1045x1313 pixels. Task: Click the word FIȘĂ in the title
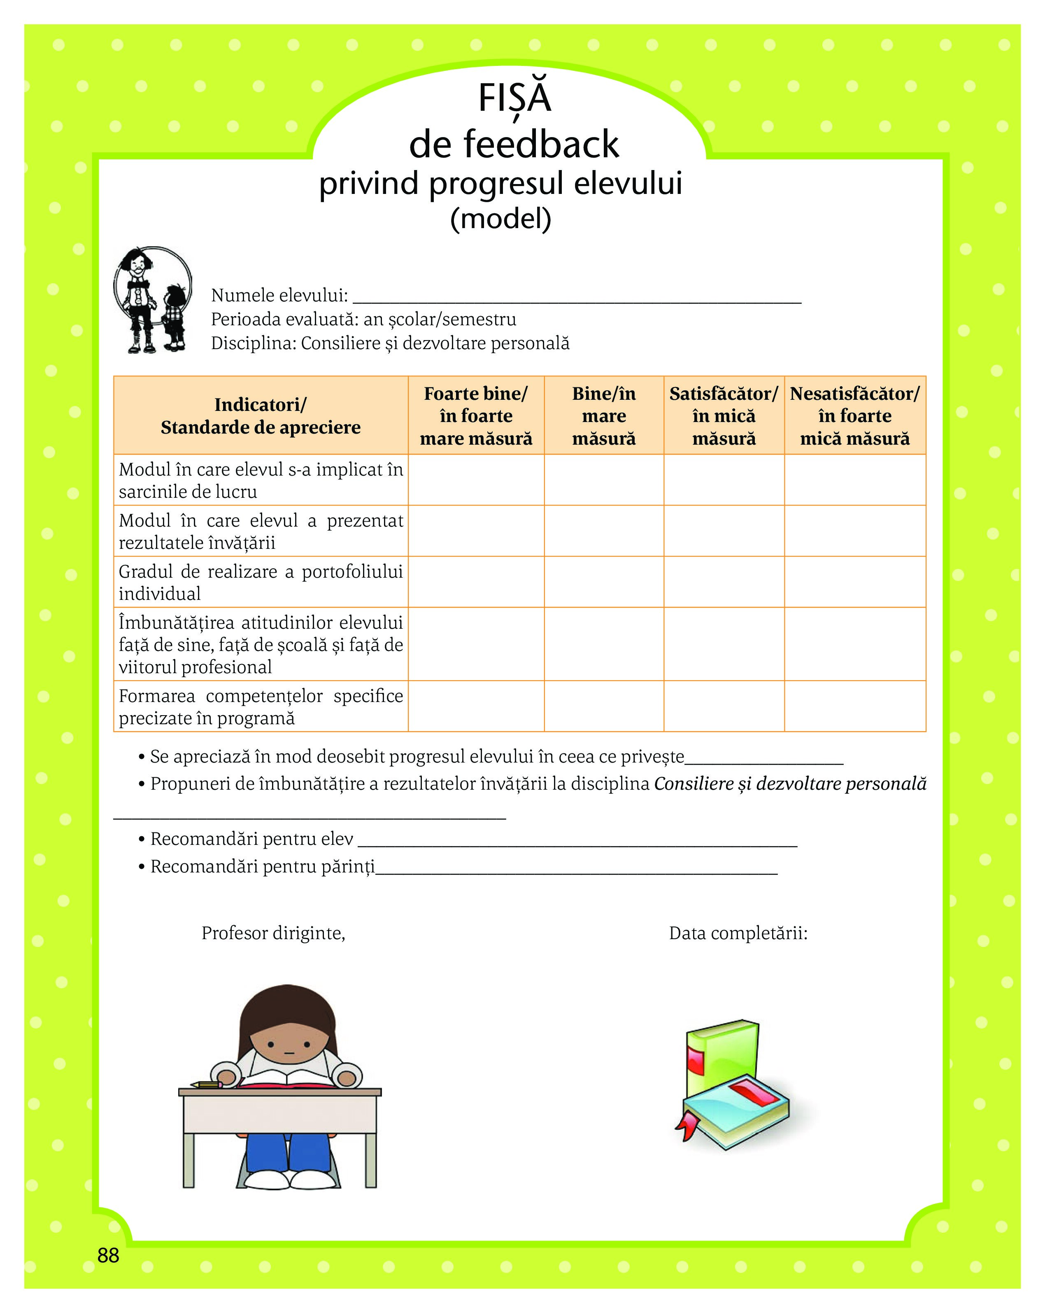pos(514,99)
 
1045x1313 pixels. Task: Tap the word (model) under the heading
pos(500,219)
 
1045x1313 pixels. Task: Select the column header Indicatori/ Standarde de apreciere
pos(261,416)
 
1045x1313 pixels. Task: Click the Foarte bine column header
pos(476,416)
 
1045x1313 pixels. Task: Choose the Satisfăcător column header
pos(724,416)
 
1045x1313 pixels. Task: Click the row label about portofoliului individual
pos(261,582)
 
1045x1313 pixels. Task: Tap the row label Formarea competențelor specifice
pos(261,707)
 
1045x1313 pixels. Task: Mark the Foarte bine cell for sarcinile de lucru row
pos(476,480)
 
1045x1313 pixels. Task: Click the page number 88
pos(108,1255)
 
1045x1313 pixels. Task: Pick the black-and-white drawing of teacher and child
pos(153,300)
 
